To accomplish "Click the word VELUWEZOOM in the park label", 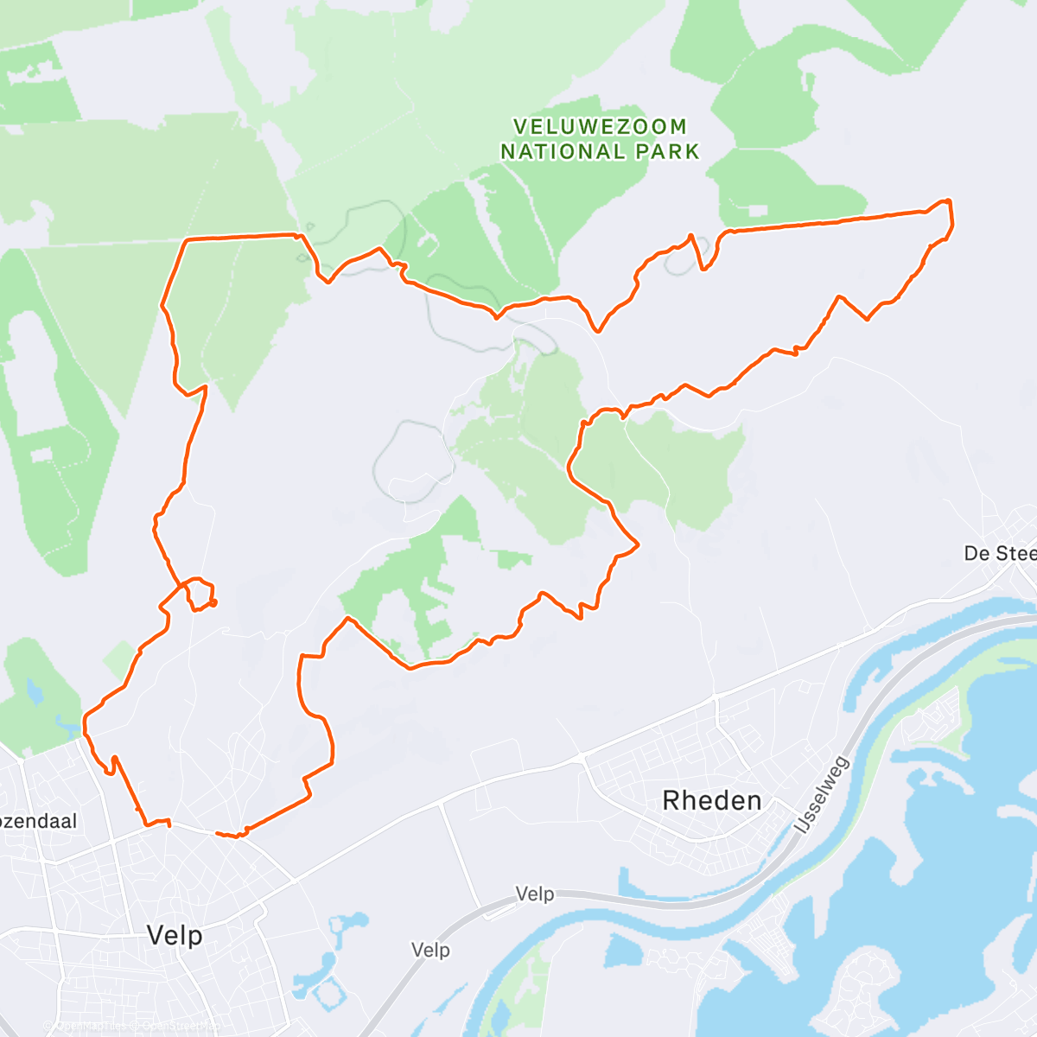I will coord(600,127).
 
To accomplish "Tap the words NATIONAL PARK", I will coord(600,152).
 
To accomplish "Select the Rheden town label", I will coord(712,801).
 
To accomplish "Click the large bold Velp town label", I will coord(175,935).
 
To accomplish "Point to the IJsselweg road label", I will coord(822,795).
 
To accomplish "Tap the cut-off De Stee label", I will coord(1000,553).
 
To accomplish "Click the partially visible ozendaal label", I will coord(39,821).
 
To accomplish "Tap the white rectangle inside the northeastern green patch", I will coord(757,211).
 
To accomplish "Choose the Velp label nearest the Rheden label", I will coord(535,894).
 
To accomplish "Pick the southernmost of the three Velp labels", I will coord(430,951).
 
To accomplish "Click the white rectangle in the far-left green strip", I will coord(41,455).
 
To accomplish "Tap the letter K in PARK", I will coord(690,152).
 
